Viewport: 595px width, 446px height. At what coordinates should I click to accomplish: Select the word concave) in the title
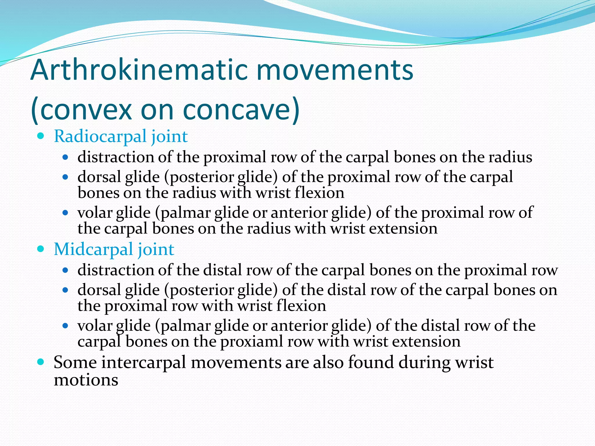pos(241,110)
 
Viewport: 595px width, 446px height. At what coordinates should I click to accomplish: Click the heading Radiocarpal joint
pos(121,136)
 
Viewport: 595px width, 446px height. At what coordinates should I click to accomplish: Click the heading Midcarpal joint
pos(114,249)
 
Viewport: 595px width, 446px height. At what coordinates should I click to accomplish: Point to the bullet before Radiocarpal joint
pos(41,136)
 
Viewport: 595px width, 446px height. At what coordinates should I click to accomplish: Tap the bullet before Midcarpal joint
pos(41,249)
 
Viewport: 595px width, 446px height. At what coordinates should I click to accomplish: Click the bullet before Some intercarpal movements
pos(41,362)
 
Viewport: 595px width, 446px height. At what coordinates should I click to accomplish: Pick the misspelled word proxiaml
pos(251,341)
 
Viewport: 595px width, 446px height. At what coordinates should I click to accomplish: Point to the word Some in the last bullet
pos(75,362)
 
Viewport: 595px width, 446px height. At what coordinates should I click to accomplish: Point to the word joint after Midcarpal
pos(156,249)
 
